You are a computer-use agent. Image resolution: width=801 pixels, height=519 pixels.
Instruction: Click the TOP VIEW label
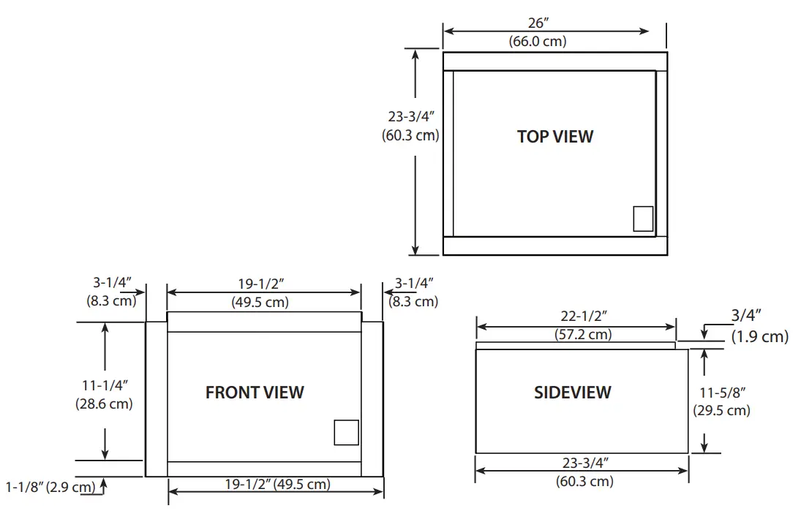pyautogui.click(x=555, y=136)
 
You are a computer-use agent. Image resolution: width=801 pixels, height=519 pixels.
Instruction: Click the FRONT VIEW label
pyautogui.click(x=255, y=392)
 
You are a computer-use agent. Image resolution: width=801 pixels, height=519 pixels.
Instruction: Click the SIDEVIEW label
pyautogui.click(x=572, y=392)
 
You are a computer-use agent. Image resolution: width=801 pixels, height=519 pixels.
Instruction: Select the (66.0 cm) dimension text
pyautogui.click(x=538, y=41)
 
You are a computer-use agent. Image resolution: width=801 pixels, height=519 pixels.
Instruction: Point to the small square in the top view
pyautogui.click(x=643, y=219)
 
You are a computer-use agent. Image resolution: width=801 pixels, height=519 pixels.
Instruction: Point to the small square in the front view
pyautogui.click(x=347, y=432)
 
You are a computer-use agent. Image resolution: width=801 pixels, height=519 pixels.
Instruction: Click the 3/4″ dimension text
pyautogui.click(x=746, y=316)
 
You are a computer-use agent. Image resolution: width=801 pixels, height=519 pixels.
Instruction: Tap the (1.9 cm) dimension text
pyautogui.click(x=759, y=336)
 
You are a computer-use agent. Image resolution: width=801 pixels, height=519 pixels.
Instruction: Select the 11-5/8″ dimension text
pyautogui.click(x=721, y=393)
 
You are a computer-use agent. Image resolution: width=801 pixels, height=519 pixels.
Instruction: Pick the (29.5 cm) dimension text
pyautogui.click(x=721, y=410)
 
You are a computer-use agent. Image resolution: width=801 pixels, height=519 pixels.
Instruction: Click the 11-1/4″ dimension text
pyautogui.click(x=104, y=385)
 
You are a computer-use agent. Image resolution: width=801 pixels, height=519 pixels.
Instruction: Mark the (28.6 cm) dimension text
pyautogui.click(x=104, y=403)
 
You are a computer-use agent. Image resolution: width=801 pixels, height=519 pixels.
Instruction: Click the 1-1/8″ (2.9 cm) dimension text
pyautogui.click(x=50, y=486)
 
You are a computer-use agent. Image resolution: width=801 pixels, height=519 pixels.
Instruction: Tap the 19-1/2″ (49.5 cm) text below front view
pyautogui.click(x=277, y=484)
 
